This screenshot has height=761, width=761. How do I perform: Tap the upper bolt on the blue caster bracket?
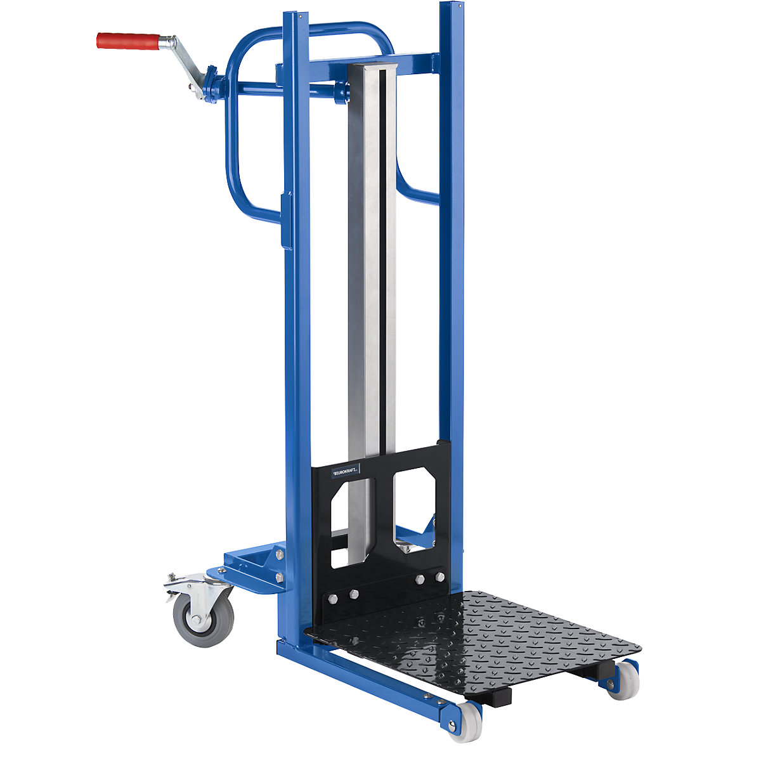(280, 554)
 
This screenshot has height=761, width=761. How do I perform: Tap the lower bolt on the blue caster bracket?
(279, 576)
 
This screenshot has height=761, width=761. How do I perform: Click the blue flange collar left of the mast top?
(342, 92)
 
